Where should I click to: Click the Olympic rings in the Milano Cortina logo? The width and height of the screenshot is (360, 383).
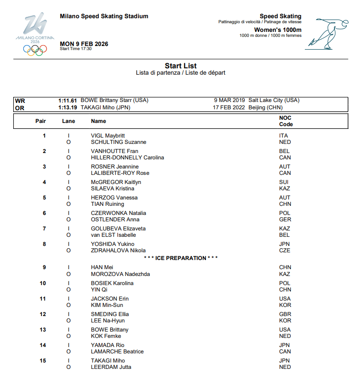click(35, 51)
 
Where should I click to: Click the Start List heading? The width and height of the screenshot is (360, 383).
click(180, 66)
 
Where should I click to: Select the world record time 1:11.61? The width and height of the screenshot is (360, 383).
click(67, 100)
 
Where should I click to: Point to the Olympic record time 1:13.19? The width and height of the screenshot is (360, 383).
click(67, 108)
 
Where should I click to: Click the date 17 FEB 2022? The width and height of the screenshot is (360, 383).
click(229, 108)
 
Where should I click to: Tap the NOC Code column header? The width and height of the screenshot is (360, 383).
click(286, 121)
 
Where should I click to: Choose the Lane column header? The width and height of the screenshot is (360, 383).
click(68, 121)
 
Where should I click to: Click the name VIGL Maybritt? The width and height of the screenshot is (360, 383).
click(108, 136)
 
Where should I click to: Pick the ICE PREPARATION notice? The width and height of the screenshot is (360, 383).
click(180, 258)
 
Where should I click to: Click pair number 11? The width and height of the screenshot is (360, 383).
click(43, 299)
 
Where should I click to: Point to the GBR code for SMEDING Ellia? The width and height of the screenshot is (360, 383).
click(285, 314)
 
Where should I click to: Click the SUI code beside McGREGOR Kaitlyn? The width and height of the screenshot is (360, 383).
click(284, 182)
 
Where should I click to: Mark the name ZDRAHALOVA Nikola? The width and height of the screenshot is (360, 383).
click(118, 250)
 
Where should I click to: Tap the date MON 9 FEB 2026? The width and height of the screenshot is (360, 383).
click(84, 44)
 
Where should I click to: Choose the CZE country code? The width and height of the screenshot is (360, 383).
click(284, 250)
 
